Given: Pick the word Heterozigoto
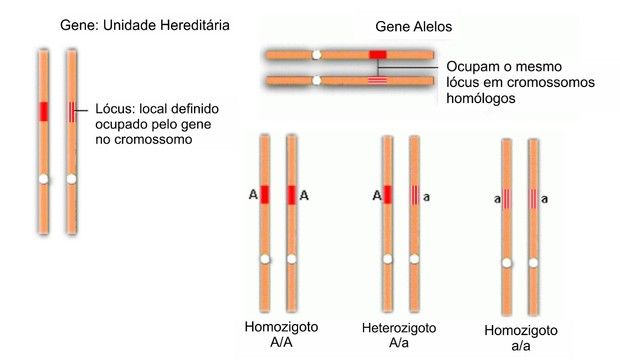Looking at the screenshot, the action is click(399, 329).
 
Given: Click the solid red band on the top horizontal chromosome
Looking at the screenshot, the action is click(377, 53).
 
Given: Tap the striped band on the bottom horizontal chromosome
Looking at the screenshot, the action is click(377, 79).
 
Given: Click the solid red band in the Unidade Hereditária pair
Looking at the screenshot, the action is click(43, 111).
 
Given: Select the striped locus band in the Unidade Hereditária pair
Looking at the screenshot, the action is click(72, 111).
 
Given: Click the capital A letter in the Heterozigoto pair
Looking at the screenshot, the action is click(375, 196).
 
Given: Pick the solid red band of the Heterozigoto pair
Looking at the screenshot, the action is click(387, 195).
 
